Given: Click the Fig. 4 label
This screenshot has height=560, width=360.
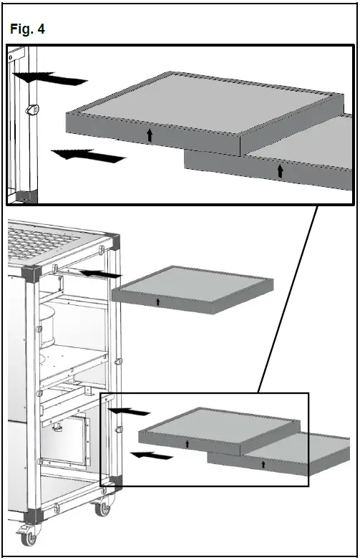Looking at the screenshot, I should tap(28, 30).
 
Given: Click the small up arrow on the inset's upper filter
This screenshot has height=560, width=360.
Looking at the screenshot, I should tap(150, 135).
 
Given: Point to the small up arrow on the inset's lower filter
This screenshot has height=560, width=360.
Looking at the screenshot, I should tap(280, 170).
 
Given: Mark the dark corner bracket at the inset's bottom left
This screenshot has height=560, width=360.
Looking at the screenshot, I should tap(24, 195).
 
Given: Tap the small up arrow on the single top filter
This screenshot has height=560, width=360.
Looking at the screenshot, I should tap(158, 302).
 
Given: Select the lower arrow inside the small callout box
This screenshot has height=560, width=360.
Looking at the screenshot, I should tap(151, 455).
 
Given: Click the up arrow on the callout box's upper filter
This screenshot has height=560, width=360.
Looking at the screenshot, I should tap(187, 444).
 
